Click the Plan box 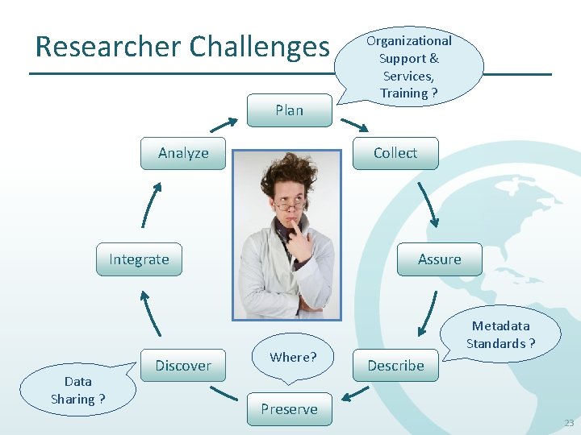click(289, 110)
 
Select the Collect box click(395, 153)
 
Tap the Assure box click(439, 259)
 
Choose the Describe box click(395, 365)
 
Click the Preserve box click(289, 409)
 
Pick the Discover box click(183, 366)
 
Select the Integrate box click(139, 259)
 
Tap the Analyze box click(183, 153)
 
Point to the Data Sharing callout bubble click(77, 390)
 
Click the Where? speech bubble click(293, 357)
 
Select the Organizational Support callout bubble click(408, 67)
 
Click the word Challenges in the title click(259, 47)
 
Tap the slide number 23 click(569, 423)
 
